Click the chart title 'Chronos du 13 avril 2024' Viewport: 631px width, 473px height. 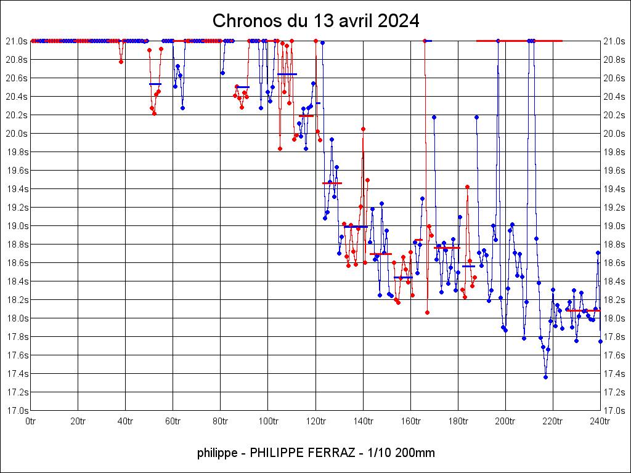pyautogui.click(x=315, y=21)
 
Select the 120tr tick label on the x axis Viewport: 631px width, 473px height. pyautogui.click(x=315, y=421)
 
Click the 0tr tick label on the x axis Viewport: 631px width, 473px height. pyautogui.click(x=31, y=421)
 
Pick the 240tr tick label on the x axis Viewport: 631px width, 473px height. pyautogui.click(x=600, y=421)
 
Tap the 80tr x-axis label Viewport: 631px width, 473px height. pyautogui.click(x=221, y=421)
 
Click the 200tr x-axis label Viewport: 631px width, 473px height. pyautogui.click(x=505, y=421)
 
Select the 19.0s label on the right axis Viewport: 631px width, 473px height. pyautogui.click(x=614, y=226)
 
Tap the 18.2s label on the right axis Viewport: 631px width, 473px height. pyautogui.click(x=614, y=300)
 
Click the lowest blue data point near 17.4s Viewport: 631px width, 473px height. pyautogui.click(x=545, y=377)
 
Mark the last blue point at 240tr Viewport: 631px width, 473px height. pyautogui.click(x=600, y=341)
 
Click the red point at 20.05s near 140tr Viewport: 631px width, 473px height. pyautogui.click(x=363, y=129)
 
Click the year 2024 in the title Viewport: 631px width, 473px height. pyautogui.click(x=399, y=21)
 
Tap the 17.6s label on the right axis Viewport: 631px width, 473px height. pyautogui.click(x=614, y=355)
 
